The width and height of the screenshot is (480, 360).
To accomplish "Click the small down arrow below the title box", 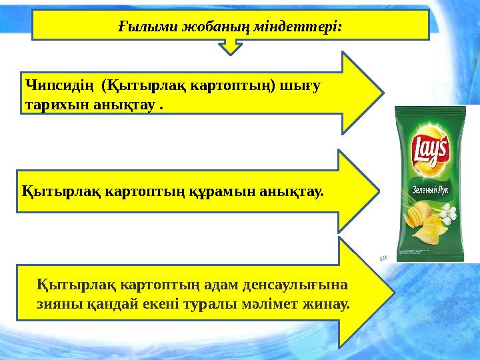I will [x=230, y=46].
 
